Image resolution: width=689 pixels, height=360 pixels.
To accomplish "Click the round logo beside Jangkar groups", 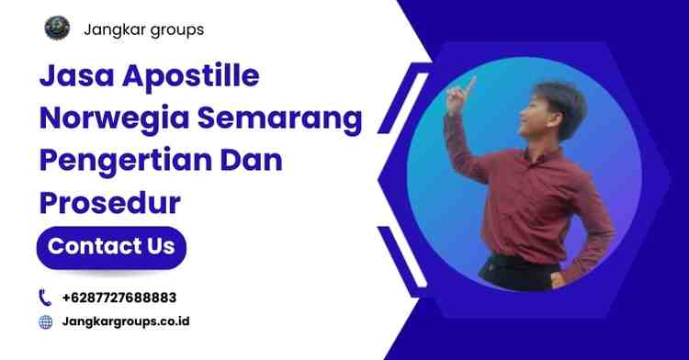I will [57, 28].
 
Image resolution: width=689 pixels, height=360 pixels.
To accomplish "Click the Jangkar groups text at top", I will [143, 29].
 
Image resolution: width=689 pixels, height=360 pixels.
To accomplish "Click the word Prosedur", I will [108, 203].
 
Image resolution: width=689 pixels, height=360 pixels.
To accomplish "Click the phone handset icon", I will [45, 298].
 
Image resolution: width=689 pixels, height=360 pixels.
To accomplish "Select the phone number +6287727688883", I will [119, 298].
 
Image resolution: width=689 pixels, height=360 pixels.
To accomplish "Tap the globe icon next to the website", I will [45, 322].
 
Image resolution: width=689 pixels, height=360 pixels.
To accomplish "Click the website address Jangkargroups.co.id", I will [127, 322].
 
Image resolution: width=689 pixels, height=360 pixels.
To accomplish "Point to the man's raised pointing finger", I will [470, 81].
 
